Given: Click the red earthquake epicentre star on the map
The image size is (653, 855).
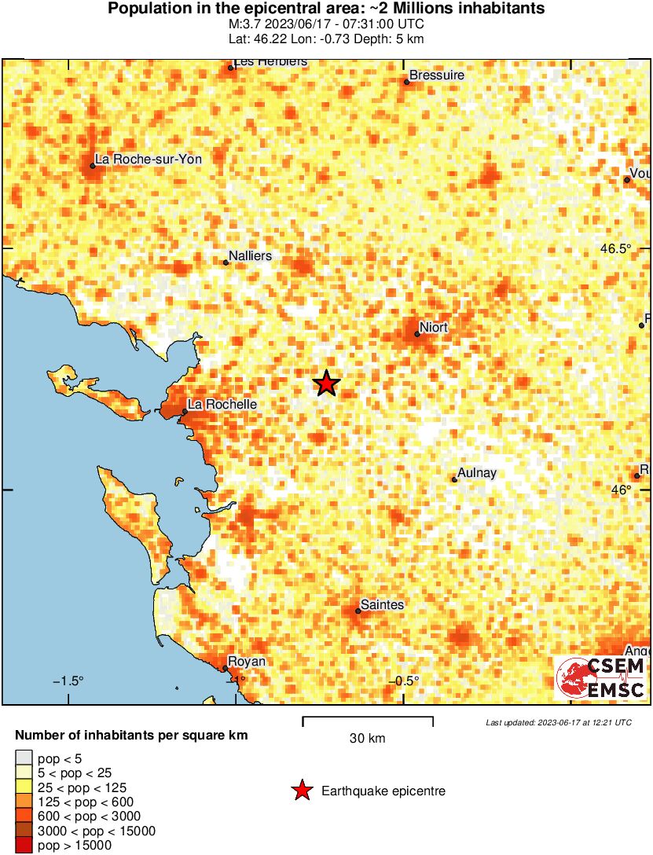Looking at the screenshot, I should click(327, 383).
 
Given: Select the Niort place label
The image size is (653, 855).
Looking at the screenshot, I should click(435, 327).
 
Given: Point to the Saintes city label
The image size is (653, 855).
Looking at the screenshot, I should click(380, 604).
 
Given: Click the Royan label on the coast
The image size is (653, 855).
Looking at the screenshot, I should click(246, 662).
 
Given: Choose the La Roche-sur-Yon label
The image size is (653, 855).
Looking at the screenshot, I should click(148, 159).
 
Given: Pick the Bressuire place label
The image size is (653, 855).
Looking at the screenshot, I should click(438, 75).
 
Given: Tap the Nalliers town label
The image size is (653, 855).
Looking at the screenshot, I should click(249, 256).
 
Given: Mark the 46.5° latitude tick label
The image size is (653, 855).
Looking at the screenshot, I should click(615, 248).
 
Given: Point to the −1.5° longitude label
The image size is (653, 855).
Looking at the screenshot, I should click(68, 681).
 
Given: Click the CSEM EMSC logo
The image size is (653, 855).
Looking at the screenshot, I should click(601, 678).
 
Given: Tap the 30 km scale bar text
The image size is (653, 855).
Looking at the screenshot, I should click(367, 738).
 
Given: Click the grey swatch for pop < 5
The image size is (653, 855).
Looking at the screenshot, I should click(24, 759).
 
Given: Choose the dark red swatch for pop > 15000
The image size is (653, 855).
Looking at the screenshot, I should click(24, 845).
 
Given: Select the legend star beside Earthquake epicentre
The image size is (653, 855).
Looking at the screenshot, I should click(302, 791).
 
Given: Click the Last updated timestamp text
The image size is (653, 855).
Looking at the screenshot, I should click(558, 722).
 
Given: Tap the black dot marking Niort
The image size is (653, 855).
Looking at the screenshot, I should click(417, 334).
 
